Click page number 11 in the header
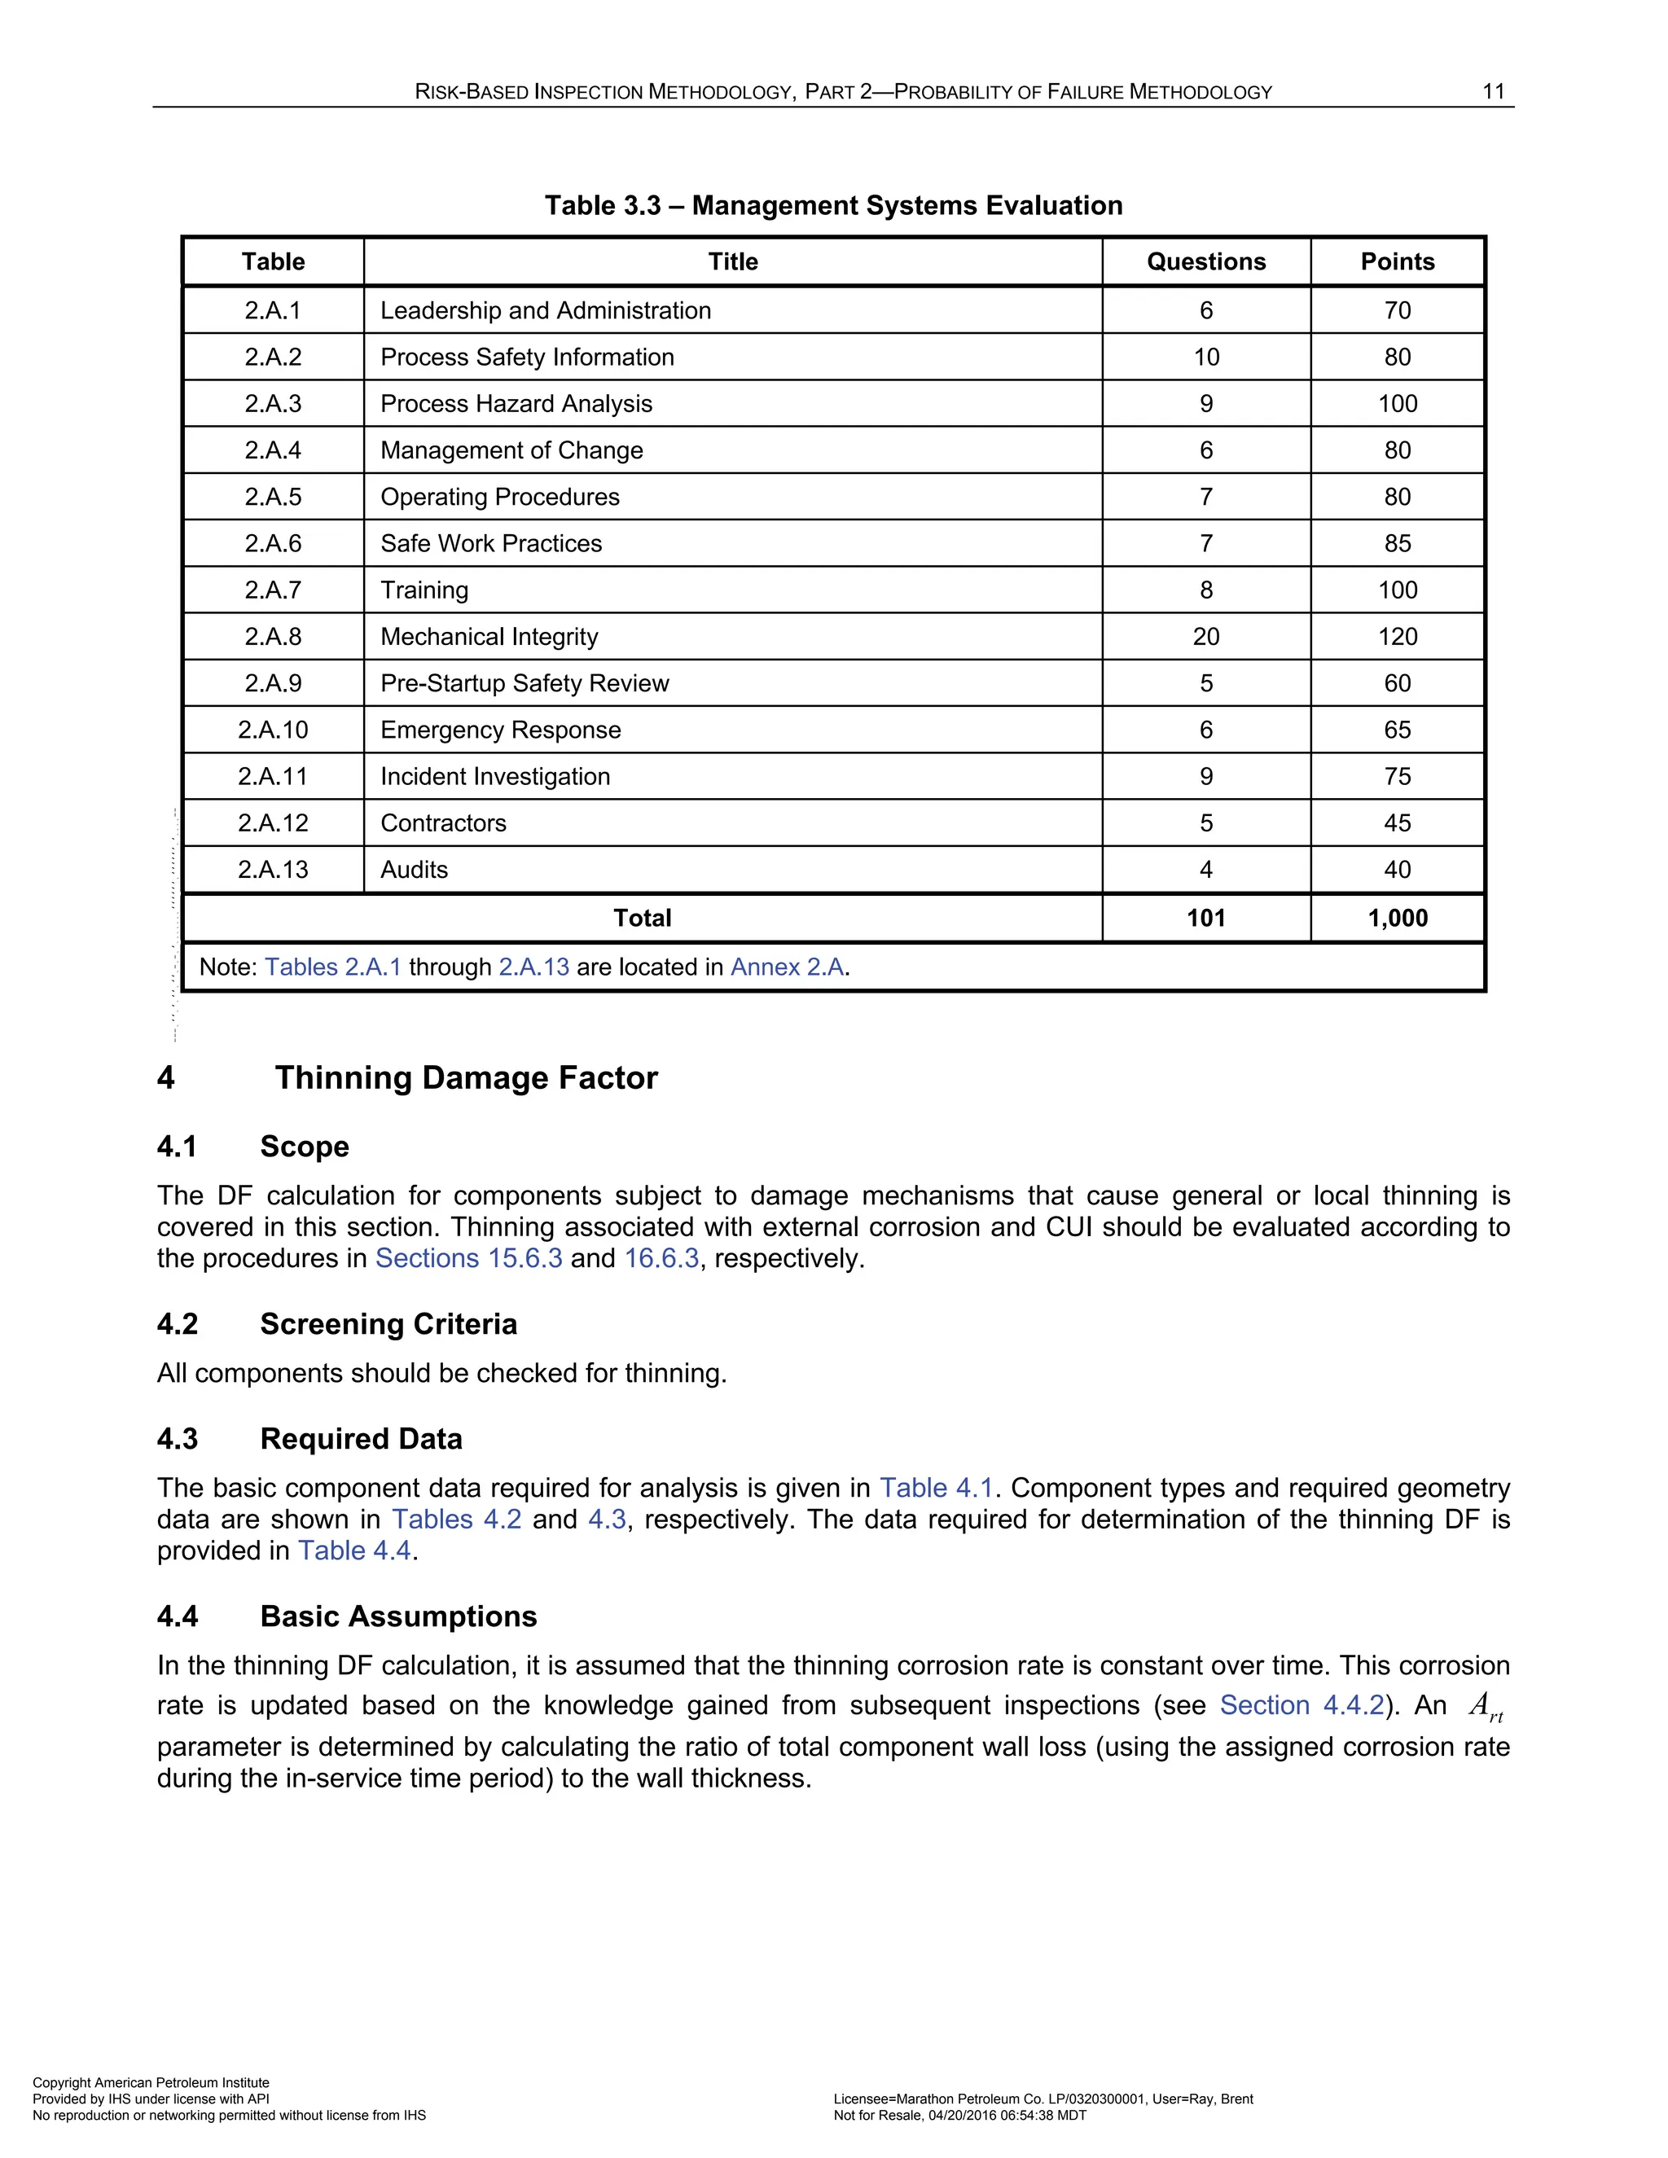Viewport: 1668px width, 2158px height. pyautogui.click(x=1493, y=92)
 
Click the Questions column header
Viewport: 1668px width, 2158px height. pyautogui.click(x=1205, y=262)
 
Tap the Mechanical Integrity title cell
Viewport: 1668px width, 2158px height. pyautogui.click(x=489, y=636)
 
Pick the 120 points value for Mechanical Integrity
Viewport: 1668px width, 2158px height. pyautogui.click(x=1398, y=636)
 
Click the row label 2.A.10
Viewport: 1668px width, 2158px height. pyautogui.click(x=273, y=730)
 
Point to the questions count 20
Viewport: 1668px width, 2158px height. pyautogui.click(x=1205, y=636)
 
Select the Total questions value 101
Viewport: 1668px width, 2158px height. pyautogui.click(x=1205, y=918)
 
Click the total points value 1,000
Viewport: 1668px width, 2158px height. pyautogui.click(x=1398, y=918)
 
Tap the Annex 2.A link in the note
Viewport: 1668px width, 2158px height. pyautogui.click(x=788, y=967)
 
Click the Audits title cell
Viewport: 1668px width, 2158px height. pyautogui.click(x=414, y=870)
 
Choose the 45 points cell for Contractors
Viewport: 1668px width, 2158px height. pyautogui.click(x=1398, y=823)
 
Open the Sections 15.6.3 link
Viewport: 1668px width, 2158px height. pyautogui.click(x=468, y=1259)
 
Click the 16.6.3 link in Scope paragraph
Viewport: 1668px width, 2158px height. pyautogui.click(x=661, y=1259)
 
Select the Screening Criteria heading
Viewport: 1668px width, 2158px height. pyautogui.click(x=388, y=1324)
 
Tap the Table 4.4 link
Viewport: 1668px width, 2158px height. pyautogui.click(x=355, y=1551)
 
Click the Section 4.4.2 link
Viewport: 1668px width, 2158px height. pyautogui.click(x=1301, y=1706)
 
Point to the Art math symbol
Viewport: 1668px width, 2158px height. pyautogui.click(x=1484, y=1706)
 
